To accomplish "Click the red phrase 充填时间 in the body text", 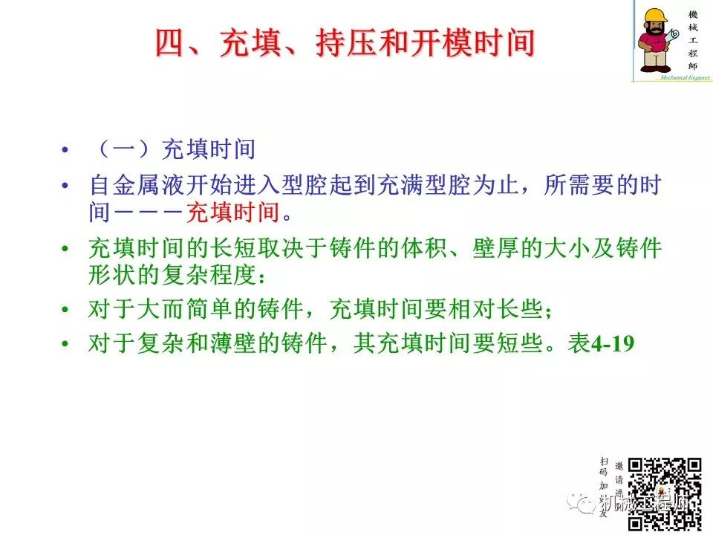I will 233,213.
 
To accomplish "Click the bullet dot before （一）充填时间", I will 66,150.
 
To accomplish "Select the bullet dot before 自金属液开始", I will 66,185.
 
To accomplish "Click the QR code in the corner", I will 665,490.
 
